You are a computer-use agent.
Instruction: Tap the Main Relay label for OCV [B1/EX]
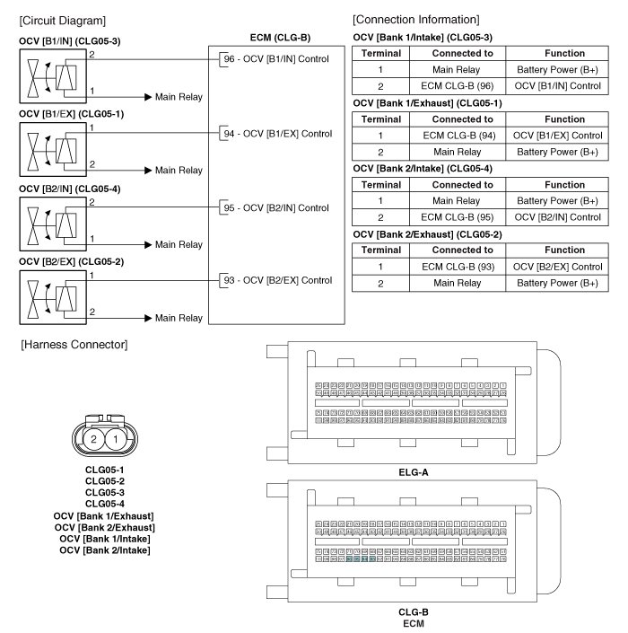pyautogui.click(x=179, y=170)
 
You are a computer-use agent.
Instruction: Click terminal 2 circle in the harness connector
pyautogui.click(x=94, y=438)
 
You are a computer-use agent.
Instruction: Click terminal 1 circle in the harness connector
pyautogui.click(x=116, y=438)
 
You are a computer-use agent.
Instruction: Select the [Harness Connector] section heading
pyautogui.click(x=74, y=345)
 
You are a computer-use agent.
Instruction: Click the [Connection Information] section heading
pyautogui.click(x=416, y=20)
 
